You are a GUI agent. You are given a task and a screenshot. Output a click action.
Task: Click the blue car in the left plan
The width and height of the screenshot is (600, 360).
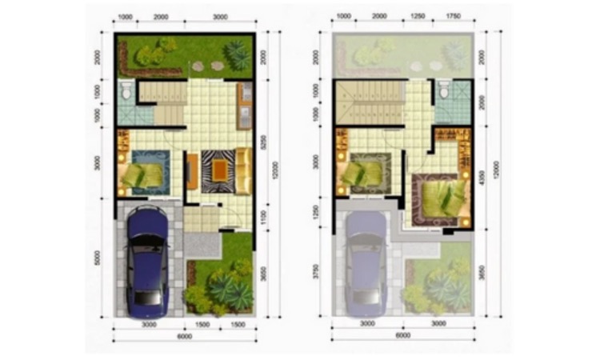148,260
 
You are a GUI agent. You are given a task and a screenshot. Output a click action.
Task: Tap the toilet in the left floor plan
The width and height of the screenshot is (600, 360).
125,94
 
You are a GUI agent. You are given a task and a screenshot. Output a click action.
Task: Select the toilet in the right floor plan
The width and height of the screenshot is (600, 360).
445,93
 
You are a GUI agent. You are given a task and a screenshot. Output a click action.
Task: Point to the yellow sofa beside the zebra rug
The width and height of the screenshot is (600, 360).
243,171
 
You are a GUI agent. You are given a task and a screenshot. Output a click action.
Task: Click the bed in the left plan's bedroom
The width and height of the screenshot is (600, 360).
142,174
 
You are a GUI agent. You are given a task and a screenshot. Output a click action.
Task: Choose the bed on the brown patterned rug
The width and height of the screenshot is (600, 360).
439,197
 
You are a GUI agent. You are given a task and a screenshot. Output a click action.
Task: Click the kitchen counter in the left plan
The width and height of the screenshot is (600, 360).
244,106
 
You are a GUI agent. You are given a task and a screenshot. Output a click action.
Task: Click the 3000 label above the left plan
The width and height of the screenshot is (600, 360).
226,17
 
